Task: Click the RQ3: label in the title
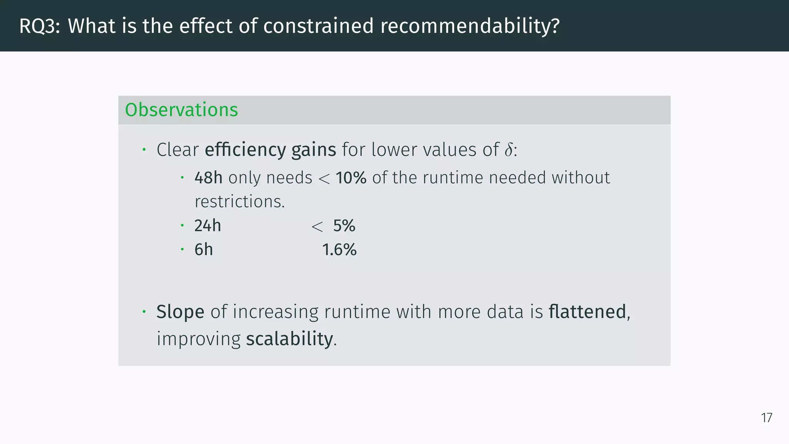pos(39,26)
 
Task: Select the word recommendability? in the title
pos(470,26)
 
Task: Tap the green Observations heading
pos(181,110)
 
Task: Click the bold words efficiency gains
pos(270,150)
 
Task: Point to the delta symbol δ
pos(509,150)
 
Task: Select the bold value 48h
pos(208,178)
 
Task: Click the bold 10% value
pos(351,178)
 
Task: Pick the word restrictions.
pos(239,202)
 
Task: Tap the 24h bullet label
pos(208,226)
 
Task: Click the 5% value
pos(344,226)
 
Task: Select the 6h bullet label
pos(203,250)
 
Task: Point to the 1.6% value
pos(339,250)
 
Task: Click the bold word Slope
pos(180,311)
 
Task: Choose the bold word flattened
pos(587,311)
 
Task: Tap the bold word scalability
pos(289,339)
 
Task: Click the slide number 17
pos(766,418)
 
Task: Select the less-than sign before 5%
pos(317,227)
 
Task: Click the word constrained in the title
pos(318,26)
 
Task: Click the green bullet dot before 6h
pos(182,249)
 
